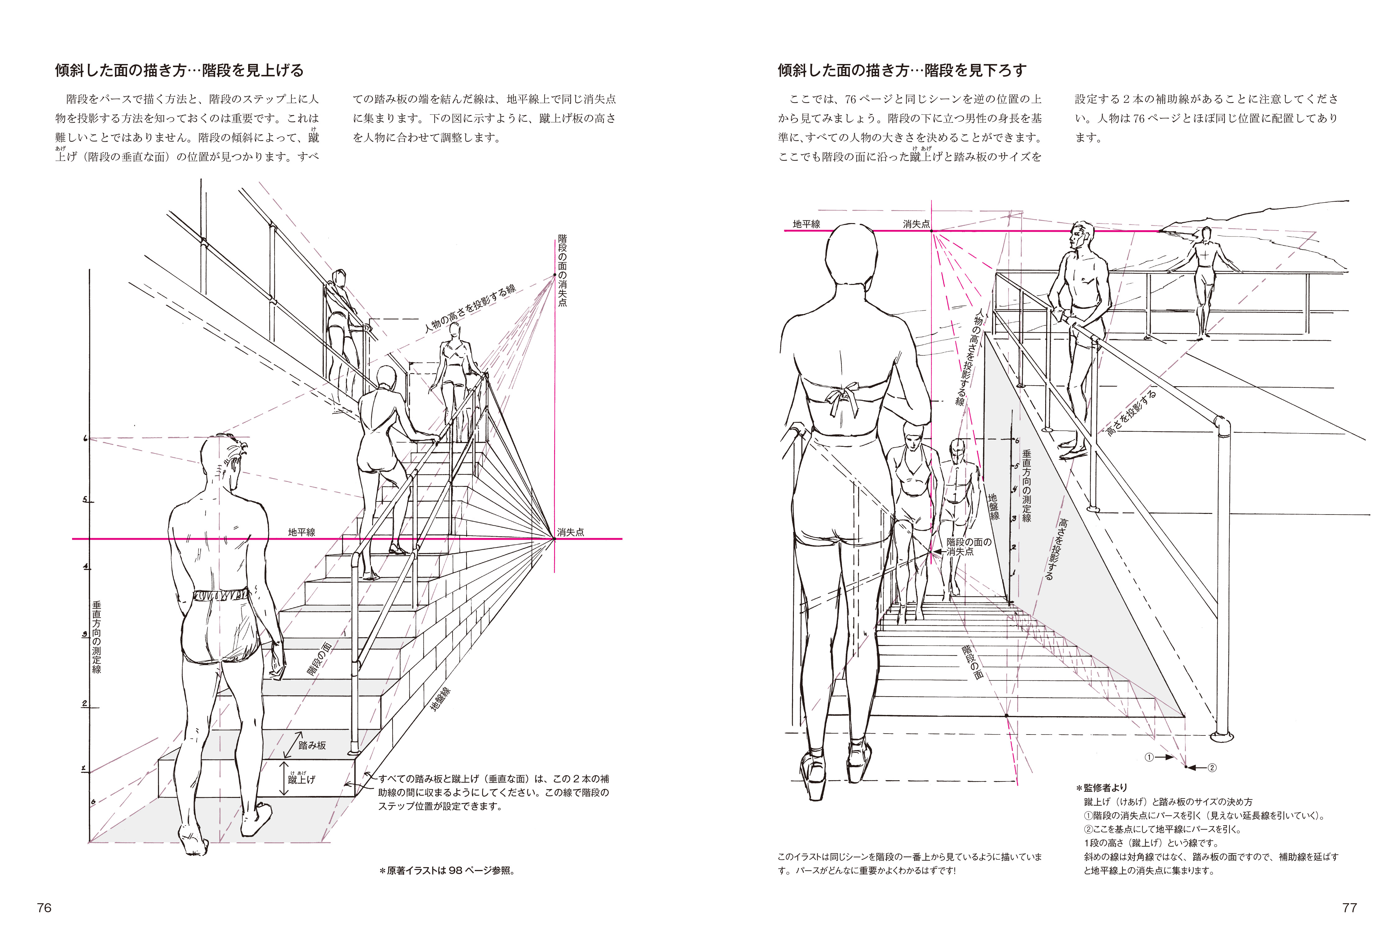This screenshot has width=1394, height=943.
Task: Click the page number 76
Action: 44,908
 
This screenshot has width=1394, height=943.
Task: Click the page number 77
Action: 1349,908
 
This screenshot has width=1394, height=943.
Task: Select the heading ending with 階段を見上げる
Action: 179,71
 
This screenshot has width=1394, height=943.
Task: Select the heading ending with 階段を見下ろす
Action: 902,71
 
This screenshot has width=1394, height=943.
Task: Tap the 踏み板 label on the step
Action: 312,745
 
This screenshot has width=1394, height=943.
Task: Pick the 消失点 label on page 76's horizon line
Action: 571,532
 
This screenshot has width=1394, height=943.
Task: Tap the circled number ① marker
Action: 1149,757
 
